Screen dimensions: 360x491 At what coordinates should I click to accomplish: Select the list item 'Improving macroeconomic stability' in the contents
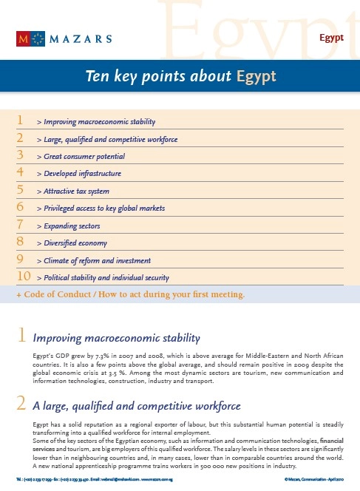tap(99, 121)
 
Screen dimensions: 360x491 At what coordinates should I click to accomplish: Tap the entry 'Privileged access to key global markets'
tap(101, 209)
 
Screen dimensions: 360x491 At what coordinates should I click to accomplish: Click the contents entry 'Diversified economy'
tap(75, 243)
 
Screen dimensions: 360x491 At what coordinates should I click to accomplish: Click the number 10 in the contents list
tap(23, 277)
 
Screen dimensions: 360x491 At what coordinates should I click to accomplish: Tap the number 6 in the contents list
tap(21, 209)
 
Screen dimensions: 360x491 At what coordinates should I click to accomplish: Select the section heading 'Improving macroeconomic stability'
tap(117, 339)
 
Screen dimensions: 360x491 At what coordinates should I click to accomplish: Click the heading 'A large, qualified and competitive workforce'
tap(137, 406)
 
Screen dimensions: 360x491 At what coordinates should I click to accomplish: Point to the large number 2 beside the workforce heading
tap(22, 404)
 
